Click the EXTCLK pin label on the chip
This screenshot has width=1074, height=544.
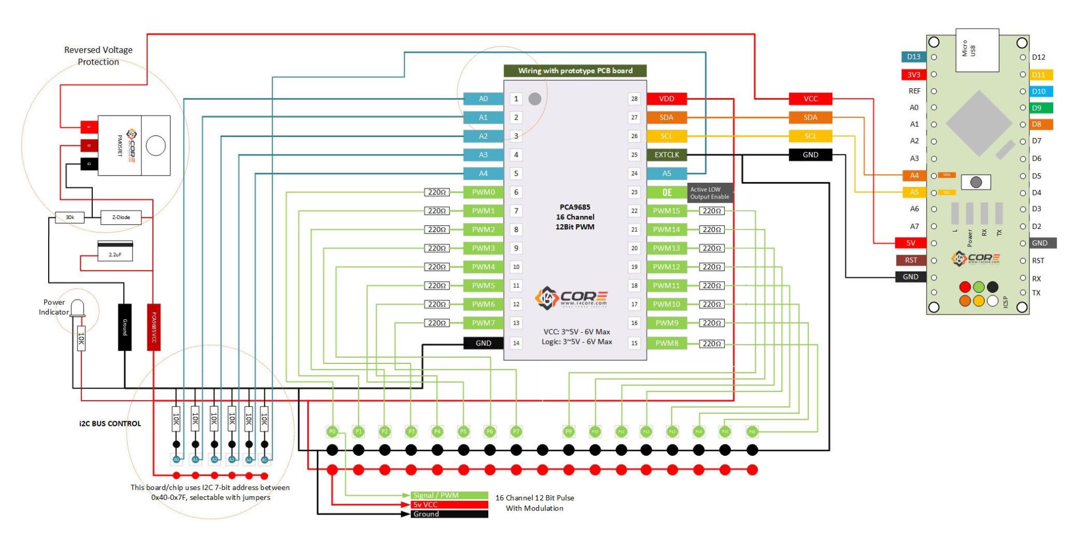667,155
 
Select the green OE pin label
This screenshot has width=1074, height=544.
667,192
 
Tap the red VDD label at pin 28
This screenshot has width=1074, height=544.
667,99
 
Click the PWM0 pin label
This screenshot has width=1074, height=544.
483,192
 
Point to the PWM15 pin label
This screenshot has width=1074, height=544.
667,211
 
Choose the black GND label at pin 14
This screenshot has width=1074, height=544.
483,343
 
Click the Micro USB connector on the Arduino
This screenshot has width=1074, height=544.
977,50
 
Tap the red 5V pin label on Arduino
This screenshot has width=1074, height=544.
911,243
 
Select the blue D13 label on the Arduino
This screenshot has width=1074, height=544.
914,57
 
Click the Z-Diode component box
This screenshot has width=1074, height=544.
121,217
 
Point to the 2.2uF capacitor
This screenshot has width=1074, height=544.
115,252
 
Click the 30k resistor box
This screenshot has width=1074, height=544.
70,217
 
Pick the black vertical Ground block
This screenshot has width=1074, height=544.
125,327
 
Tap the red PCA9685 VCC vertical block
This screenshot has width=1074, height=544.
154,327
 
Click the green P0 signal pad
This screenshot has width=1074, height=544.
332,432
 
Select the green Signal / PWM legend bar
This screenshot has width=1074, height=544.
449,495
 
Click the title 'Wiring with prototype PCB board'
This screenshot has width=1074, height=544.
575,71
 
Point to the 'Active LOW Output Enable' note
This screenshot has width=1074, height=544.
710,193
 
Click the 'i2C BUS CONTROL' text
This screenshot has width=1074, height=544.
110,424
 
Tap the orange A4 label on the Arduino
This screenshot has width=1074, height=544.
914,176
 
